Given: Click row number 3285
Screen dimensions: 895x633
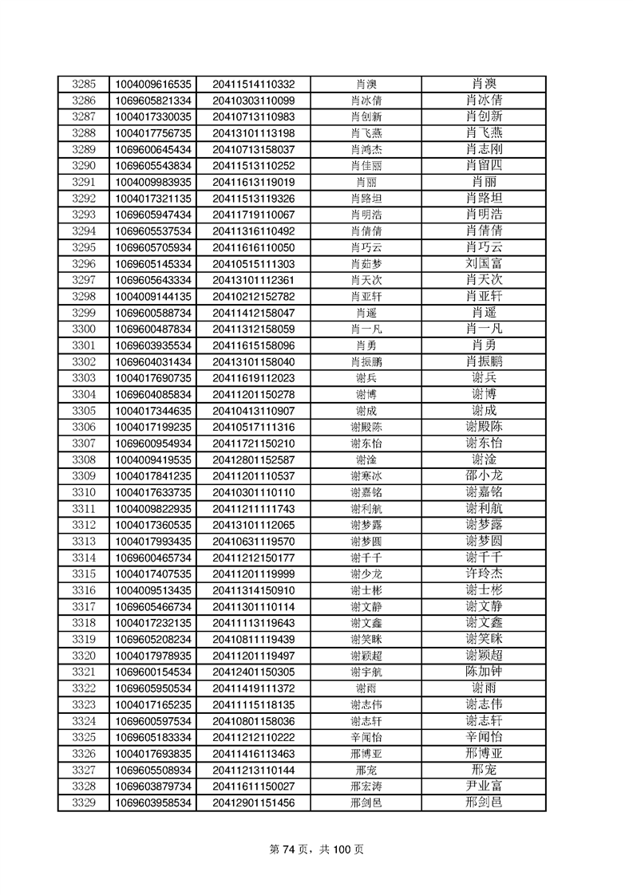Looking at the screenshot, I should (x=83, y=84).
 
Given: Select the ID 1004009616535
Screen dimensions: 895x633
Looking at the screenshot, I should (x=153, y=84).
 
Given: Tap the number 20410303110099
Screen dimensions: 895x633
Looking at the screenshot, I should (x=253, y=101).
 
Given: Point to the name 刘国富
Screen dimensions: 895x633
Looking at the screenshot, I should (x=484, y=263).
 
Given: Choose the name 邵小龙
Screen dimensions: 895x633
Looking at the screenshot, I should (x=484, y=475).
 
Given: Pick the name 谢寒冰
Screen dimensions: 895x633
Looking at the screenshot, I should (x=366, y=476).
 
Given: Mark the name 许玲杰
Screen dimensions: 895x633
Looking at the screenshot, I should (x=484, y=574).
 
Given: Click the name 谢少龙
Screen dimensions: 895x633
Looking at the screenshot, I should (x=366, y=574).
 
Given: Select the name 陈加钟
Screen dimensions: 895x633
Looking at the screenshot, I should (x=484, y=672).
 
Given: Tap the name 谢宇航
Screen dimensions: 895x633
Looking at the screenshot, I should (x=366, y=672).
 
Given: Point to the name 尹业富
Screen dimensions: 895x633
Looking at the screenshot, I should (x=484, y=786).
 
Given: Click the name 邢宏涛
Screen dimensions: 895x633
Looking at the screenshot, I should (x=366, y=787).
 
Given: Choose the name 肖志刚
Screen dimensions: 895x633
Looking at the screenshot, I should (x=484, y=149).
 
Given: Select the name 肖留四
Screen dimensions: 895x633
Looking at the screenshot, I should (x=484, y=165).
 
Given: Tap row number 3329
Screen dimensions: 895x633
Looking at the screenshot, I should (x=83, y=802).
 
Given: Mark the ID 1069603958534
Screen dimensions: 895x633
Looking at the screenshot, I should (x=153, y=802).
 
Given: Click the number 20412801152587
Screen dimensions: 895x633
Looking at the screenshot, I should (x=253, y=459).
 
